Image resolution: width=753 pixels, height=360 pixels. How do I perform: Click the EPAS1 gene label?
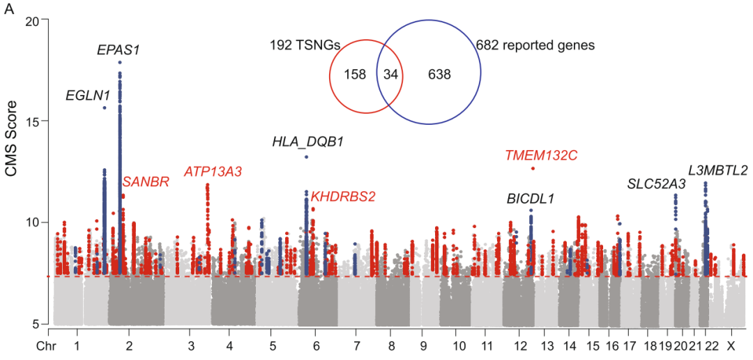coord(119,50)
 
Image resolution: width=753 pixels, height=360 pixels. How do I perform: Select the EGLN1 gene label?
coord(86,96)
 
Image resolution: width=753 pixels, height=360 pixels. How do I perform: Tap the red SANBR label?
coord(146,182)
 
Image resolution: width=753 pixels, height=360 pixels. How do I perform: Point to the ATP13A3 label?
coord(213,172)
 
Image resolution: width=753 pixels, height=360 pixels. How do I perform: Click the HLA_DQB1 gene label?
coord(307,142)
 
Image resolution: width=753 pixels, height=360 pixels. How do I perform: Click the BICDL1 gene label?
coord(531,199)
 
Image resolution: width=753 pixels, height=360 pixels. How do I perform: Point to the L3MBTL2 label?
coord(717,170)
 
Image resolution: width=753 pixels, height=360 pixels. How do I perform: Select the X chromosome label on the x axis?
coord(731,346)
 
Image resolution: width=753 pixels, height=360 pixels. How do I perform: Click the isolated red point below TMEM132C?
coord(533,168)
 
